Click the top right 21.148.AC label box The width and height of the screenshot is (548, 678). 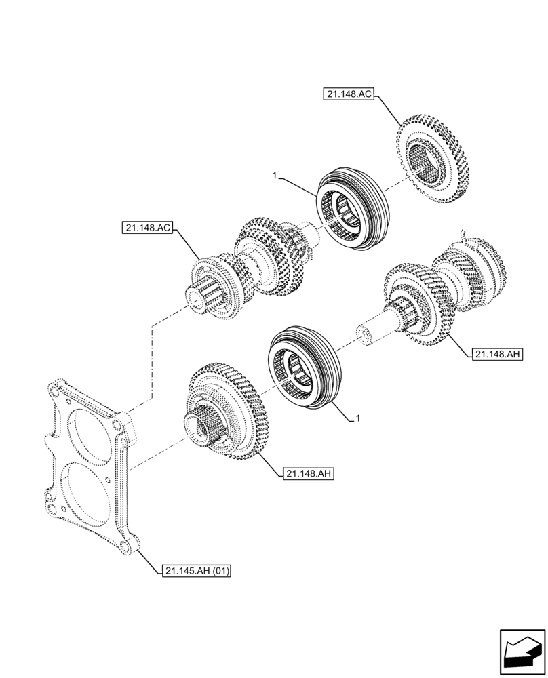click(x=348, y=96)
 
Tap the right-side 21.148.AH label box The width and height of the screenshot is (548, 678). click(x=497, y=354)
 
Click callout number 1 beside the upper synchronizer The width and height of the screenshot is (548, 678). click(x=274, y=176)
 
